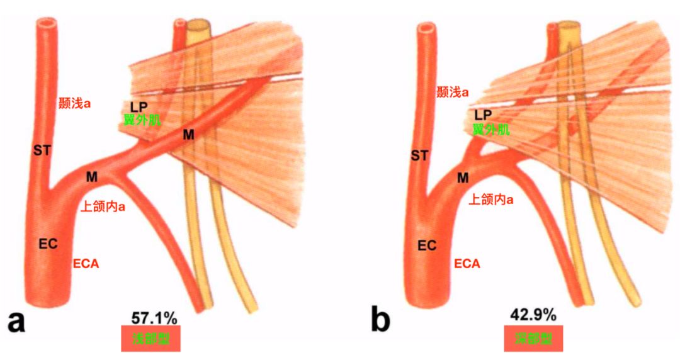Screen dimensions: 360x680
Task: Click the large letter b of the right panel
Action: (x=380, y=322)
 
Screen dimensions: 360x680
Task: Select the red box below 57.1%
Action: (x=151, y=338)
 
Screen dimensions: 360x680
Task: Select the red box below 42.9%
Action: (x=533, y=338)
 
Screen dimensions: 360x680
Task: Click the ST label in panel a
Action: (x=42, y=150)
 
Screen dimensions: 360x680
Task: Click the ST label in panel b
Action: (x=419, y=155)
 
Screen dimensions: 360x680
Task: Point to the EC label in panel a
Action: (x=48, y=244)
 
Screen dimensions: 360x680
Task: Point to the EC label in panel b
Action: (x=427, y=245)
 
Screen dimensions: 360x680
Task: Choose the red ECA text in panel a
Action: (x=86, y=263)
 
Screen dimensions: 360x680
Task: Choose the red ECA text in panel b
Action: (x=467, y=264)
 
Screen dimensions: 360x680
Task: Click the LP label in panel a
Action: (x=139, y=107)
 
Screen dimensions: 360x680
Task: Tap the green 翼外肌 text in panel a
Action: (x=140, y=120)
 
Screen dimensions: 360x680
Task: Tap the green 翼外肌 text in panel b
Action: (x=491, y=130)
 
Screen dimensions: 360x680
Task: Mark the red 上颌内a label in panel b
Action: (x=491, y=200)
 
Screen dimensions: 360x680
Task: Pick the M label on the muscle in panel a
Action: (x=188, y=134)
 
